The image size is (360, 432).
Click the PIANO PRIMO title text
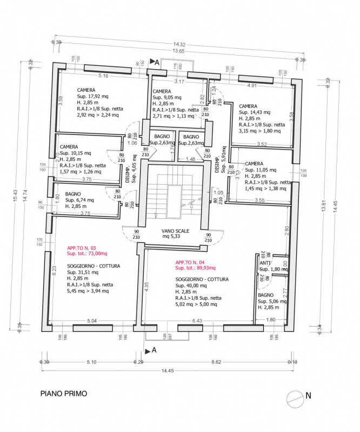pos(63,394)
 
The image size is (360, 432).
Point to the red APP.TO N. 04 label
pos(190,262)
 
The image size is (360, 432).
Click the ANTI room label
pos(265,263)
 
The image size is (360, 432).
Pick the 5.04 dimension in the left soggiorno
pos(92,321)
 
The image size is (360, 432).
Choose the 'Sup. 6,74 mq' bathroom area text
pos(79,200)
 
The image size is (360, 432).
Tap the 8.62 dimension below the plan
pos(217,362)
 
